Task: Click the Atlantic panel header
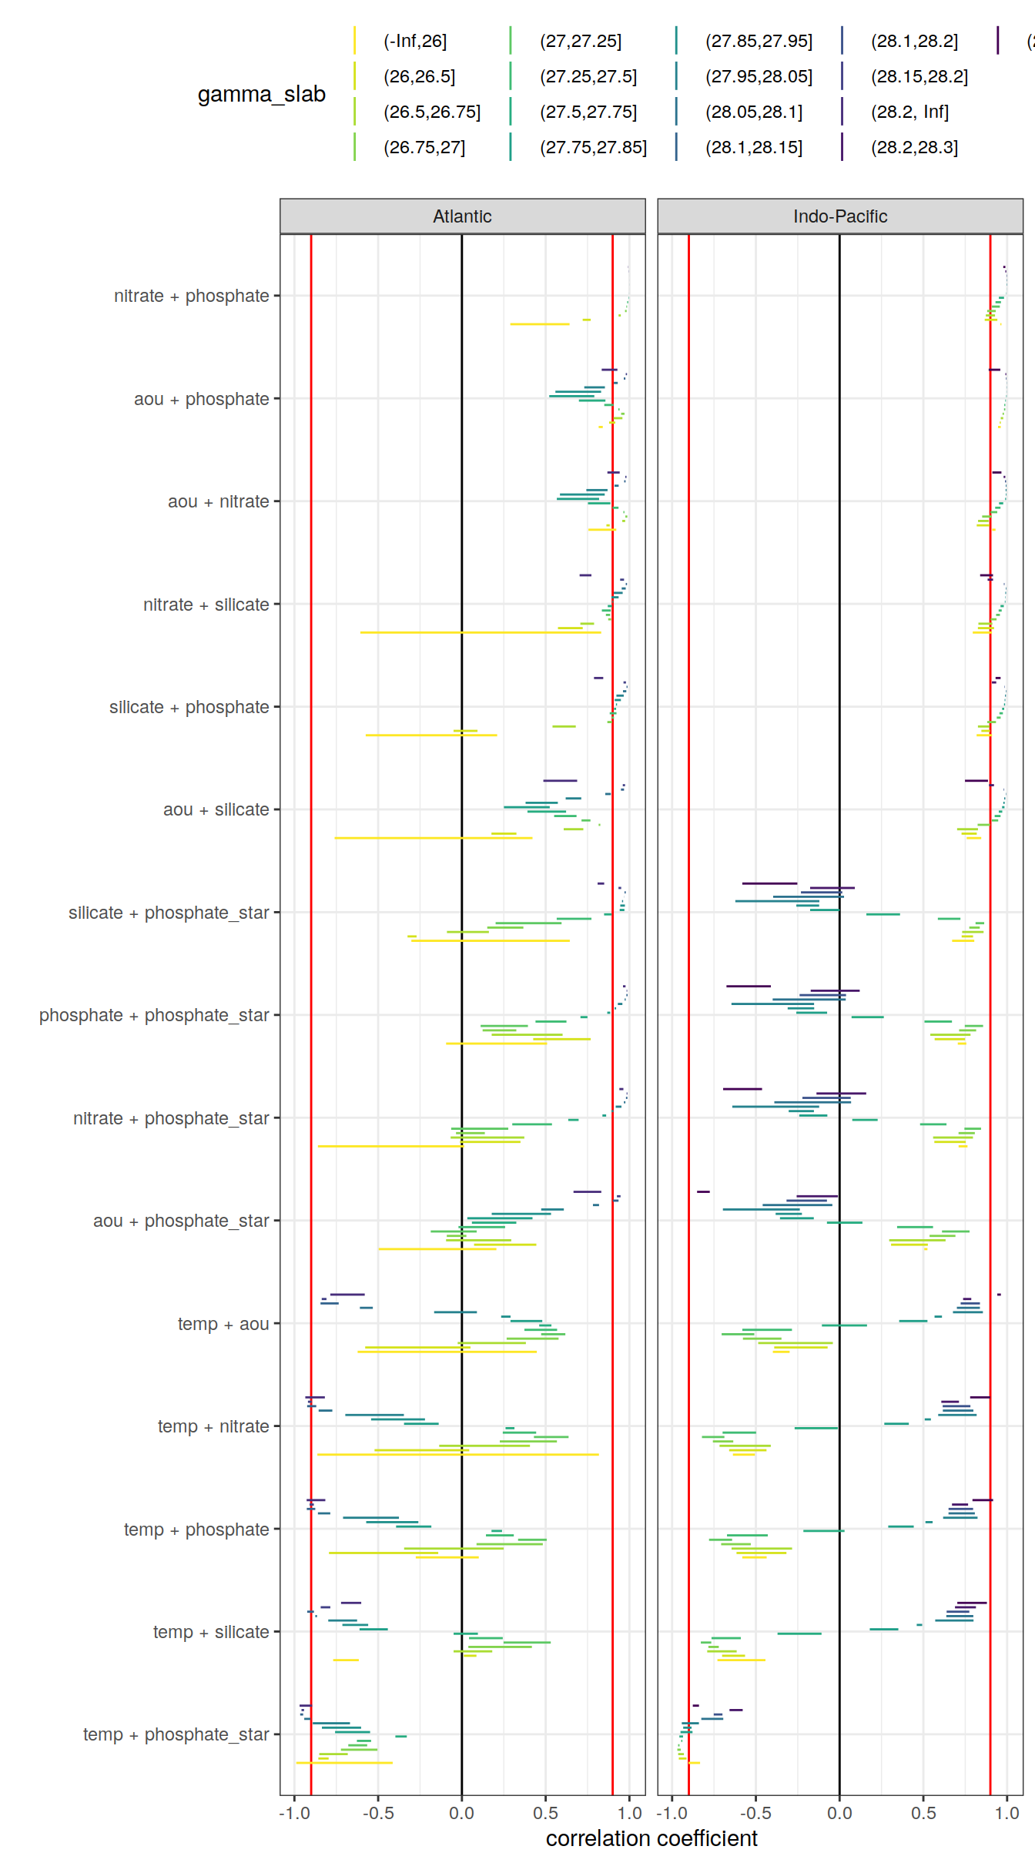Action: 462,216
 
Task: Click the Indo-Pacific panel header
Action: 839,216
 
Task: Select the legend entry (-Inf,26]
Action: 415,41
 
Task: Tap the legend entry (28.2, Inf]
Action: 909,112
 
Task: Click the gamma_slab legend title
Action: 261,94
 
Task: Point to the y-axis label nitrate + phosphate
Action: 191,296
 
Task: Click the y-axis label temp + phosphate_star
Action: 176,1734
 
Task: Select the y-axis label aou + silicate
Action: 216,809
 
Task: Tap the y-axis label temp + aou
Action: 223,1323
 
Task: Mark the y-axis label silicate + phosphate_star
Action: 169,913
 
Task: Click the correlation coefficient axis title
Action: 651,1838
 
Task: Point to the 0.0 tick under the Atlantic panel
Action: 462,1813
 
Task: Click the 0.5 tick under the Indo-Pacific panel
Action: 923,1813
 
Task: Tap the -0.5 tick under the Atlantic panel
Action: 378,1813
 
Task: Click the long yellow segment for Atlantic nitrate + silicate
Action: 477,632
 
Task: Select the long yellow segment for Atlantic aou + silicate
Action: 431,837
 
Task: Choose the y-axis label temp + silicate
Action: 211,1631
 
